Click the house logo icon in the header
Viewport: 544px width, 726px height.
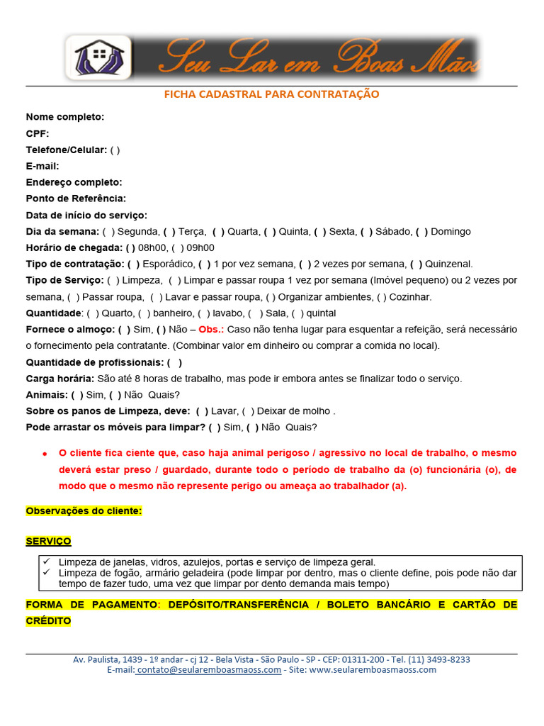(x=98, y=57)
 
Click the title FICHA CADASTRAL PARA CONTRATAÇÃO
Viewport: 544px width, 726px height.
(x=272, y=94)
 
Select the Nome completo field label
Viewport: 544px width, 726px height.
(x=65, y=117)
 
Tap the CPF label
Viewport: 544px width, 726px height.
(x=38, y=133)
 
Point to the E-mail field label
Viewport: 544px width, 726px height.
(x=42, y=166)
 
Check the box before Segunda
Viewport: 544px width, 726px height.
(x=108, y=231)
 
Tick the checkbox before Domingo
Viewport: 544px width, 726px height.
(x=421, y=231)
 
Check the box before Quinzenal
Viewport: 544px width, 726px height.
(x=416, y=264)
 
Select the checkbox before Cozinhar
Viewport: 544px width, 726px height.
(x=382, y=297)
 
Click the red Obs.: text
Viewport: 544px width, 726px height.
(x=211, y=330)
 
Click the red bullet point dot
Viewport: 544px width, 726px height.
(x=44, y=453)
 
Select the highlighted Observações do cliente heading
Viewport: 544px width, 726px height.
(x=84, y=510)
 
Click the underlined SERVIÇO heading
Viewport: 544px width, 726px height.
(x=48, y=541)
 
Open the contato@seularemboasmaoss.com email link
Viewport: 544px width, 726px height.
(x=209, y=670)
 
